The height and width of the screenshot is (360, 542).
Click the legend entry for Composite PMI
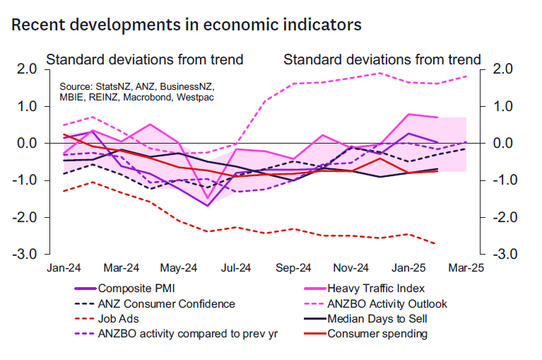134,289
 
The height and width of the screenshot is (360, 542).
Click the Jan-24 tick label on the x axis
64,269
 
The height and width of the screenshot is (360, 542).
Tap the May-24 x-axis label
179,269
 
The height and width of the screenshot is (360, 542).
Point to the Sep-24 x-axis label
293,269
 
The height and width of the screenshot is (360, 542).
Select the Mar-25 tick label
466,269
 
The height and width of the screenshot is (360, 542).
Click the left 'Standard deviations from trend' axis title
145,59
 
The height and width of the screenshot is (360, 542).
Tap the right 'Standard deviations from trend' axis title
382,59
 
